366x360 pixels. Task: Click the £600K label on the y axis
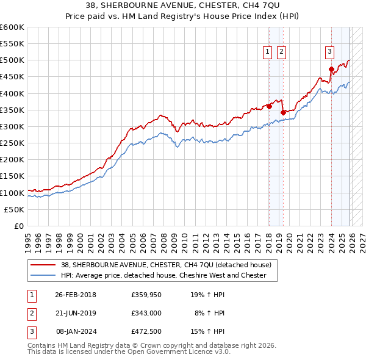(x=12, y=27)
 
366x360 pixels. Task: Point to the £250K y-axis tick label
(x=12, y=143)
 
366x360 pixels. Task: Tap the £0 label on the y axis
(x=19, y=226)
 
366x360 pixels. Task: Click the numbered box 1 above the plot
(x=268, y=52)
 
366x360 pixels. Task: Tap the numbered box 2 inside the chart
(x=281, y=52)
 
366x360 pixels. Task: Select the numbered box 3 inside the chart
(x=329, y=52)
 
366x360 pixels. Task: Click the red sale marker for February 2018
(x=269, y=106)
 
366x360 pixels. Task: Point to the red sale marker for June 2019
(x=283, y=112)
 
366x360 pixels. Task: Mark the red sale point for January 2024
(x=331, y=69)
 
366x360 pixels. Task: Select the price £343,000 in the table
(x=146, y=314)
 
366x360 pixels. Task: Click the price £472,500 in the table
(x=146, y=331)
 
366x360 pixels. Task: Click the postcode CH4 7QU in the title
(x=257, y=7)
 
